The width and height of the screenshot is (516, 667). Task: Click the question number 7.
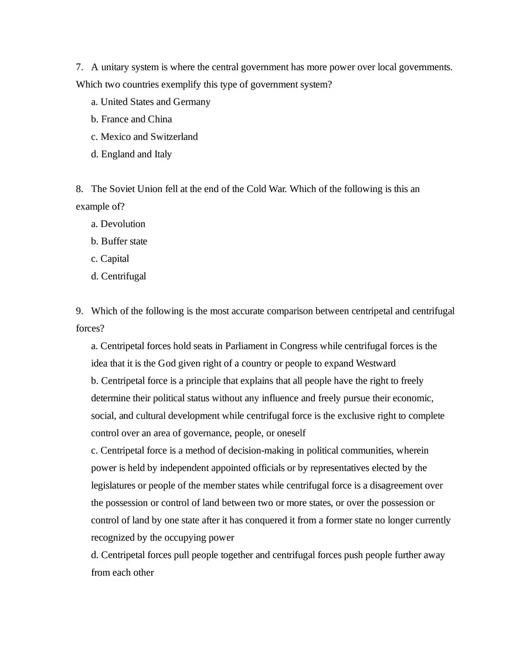click(79, 67)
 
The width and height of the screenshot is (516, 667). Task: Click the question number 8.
click(79, 189)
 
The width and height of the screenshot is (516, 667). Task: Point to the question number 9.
click(79, 311)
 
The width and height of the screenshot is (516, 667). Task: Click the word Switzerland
click(174, 137)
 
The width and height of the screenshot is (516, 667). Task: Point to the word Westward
click(375, 364)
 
